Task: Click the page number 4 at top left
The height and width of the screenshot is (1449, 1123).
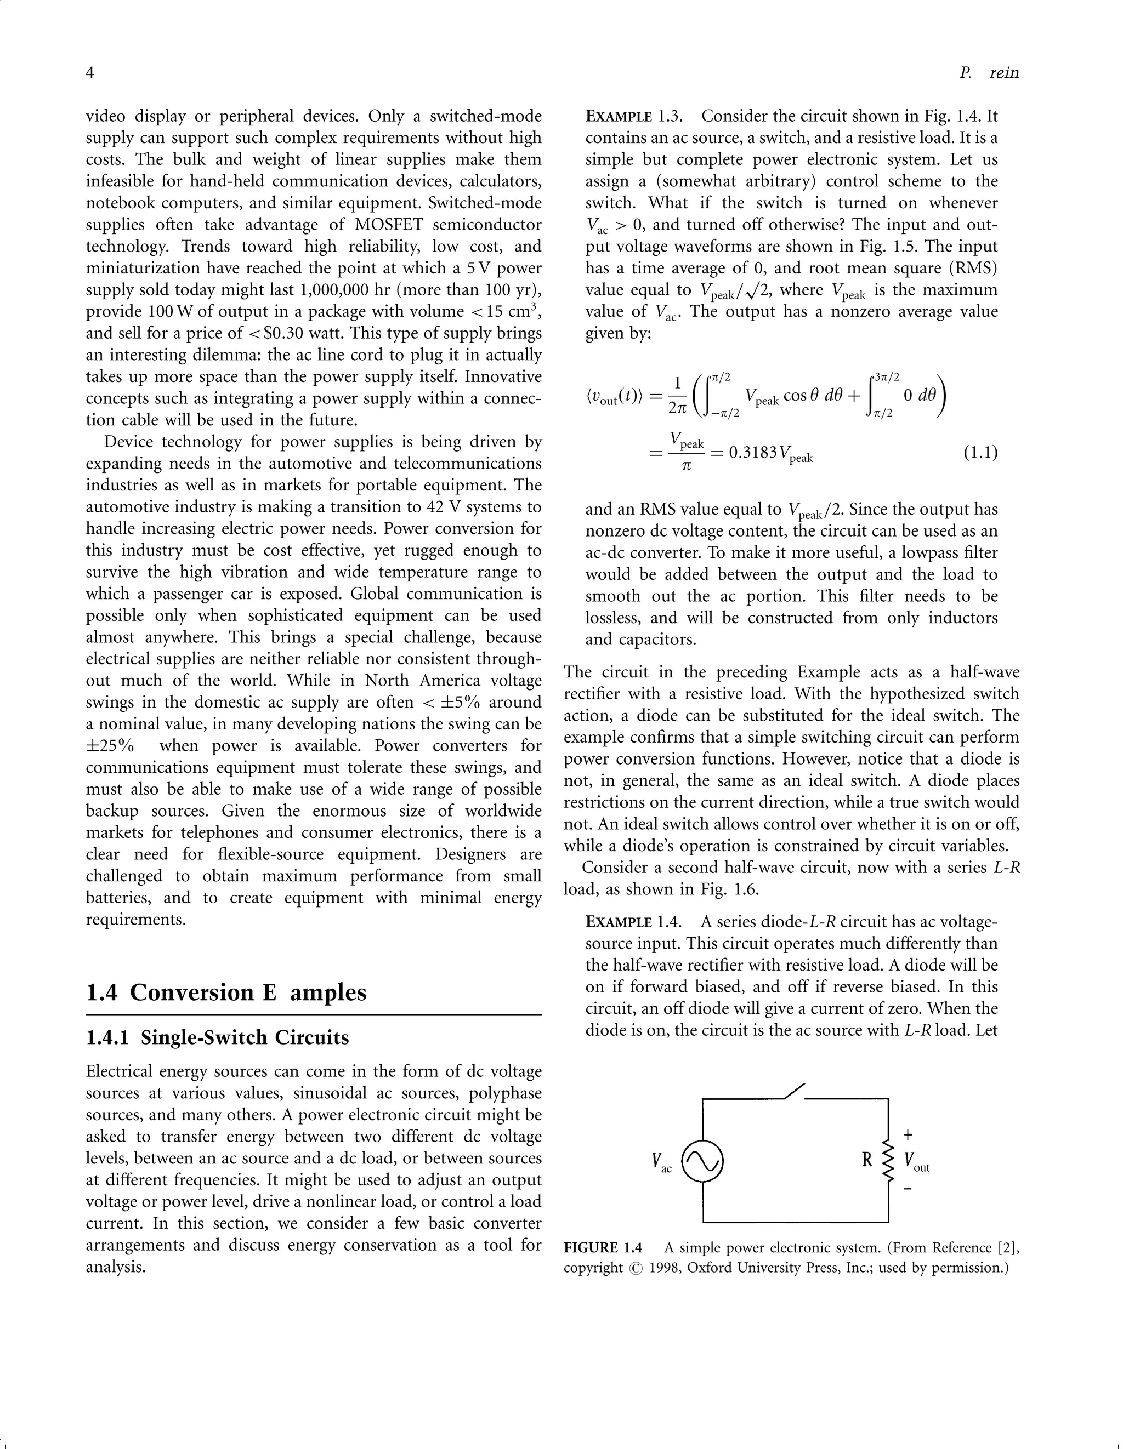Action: (x=90, y=73)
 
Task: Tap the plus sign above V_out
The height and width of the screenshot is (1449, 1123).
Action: (x=908, y=1134)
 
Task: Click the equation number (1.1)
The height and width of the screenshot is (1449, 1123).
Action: (x=980, y=453)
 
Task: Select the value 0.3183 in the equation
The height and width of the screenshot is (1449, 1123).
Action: (x=753, y=453)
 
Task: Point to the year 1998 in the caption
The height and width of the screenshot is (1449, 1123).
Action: (x=665, y=1268)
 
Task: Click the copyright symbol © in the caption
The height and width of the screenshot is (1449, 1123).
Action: (x=636, y=1269)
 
